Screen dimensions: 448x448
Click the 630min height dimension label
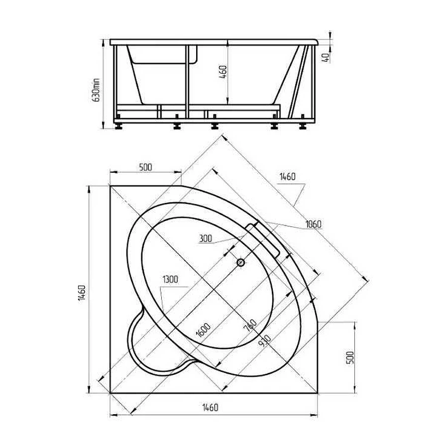coord(96,90)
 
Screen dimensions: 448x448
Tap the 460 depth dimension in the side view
coord(223,72)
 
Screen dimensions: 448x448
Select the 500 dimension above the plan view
coord(145,167)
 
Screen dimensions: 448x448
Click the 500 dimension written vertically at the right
coord(350,357)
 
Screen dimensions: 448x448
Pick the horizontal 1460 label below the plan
coord(210,407)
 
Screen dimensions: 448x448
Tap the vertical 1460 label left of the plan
coord(82,292)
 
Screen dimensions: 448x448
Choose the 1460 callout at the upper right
coord(287,177)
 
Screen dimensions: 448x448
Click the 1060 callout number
coord(313,224)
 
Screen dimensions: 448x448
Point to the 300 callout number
coord(206,238)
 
